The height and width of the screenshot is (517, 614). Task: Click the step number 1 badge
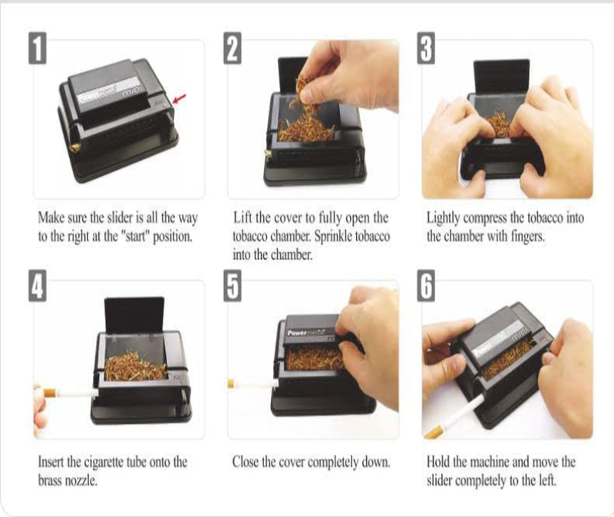point(36,49)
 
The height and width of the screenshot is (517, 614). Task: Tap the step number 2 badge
point(233,49)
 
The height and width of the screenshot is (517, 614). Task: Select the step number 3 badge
point(428,49)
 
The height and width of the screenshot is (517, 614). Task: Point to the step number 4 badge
point(36,288)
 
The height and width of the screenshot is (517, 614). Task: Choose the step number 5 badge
point(233,288)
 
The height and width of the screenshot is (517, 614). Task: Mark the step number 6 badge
point(428,288)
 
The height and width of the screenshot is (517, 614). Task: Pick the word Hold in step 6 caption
point(441,462)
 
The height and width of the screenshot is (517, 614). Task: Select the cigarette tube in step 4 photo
point(69,392)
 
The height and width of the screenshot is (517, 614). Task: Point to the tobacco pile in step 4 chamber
point(135,367)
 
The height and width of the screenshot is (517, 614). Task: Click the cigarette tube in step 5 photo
point(249,382)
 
